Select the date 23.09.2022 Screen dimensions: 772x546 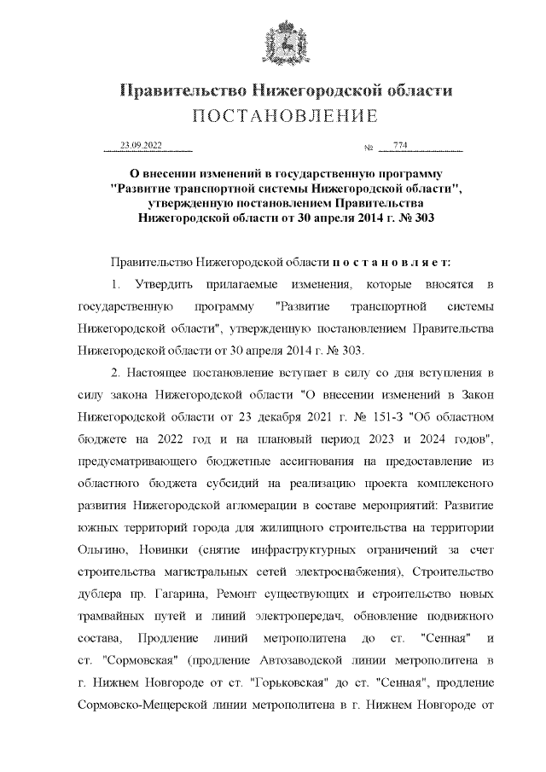[x=141, y=147]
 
